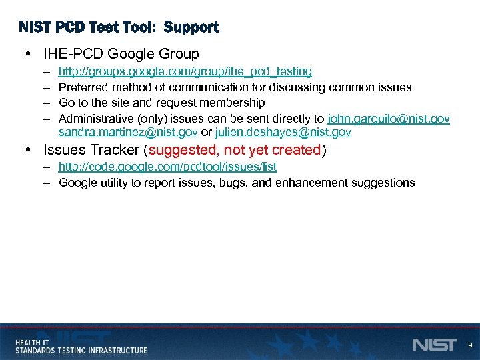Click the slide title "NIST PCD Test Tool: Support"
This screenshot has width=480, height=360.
coord(119,27)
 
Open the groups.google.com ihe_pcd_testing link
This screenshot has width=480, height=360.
coord(185,71)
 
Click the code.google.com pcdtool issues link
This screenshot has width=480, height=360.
coord(167,167)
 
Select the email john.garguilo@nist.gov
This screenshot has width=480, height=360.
coord(389,119)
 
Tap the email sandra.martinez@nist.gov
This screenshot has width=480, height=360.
coord(127,133)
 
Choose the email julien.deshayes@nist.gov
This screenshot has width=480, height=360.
coord(283,133)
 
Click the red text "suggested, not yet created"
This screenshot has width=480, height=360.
coord(235,150)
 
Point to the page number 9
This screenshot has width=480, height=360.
coord(470,345)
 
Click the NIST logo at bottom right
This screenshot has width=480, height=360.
coord(434,345)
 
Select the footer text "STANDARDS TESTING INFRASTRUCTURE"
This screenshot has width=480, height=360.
coord(81,350)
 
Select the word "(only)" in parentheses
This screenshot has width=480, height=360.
coord(153,119)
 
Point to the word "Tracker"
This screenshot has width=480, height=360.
coord(114,150)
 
